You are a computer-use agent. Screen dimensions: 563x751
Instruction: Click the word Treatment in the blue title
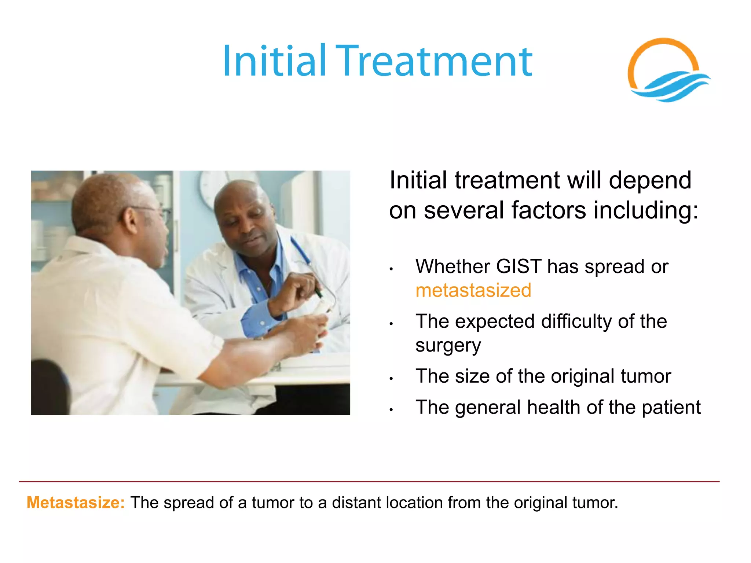(x=434, y=61)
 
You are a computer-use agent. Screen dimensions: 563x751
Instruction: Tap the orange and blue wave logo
(x=667, y=71)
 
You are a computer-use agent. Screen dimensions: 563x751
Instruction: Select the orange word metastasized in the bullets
(x=473, y=291)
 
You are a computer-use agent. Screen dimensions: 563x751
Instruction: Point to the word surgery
(x=448, y=346)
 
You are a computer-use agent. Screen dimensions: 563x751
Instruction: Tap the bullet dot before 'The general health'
(x=391, y=409)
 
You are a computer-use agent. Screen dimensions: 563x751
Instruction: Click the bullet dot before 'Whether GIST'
(x=391, y=269)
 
